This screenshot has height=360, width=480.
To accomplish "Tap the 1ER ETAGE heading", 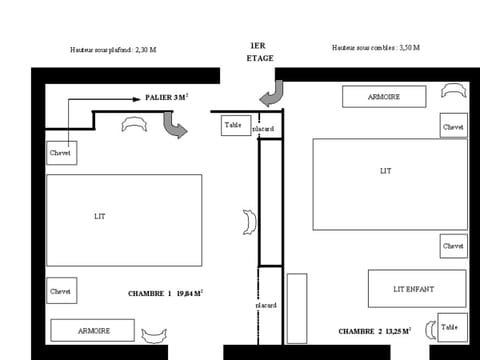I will tap(259, 52).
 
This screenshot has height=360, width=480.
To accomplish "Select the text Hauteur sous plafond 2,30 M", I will tap(113, 49).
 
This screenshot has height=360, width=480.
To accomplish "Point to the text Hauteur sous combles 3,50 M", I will tap(375, 48).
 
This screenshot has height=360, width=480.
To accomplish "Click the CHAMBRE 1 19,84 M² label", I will tap(165, 294).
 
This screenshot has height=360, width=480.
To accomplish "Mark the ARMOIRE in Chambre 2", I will tap(384, 97).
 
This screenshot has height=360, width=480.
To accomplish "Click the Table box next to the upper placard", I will tap(234, 125).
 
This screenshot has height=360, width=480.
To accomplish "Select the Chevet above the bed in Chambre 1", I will tap(62, 153).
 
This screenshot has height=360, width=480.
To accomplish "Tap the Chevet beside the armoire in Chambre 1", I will tap(62, 291).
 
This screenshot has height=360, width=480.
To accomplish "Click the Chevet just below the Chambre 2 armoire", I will tap(453, 127).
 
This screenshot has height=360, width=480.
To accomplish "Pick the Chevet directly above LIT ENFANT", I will tap(453, 245).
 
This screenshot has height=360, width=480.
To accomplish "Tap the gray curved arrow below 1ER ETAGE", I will tap(270, 96).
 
